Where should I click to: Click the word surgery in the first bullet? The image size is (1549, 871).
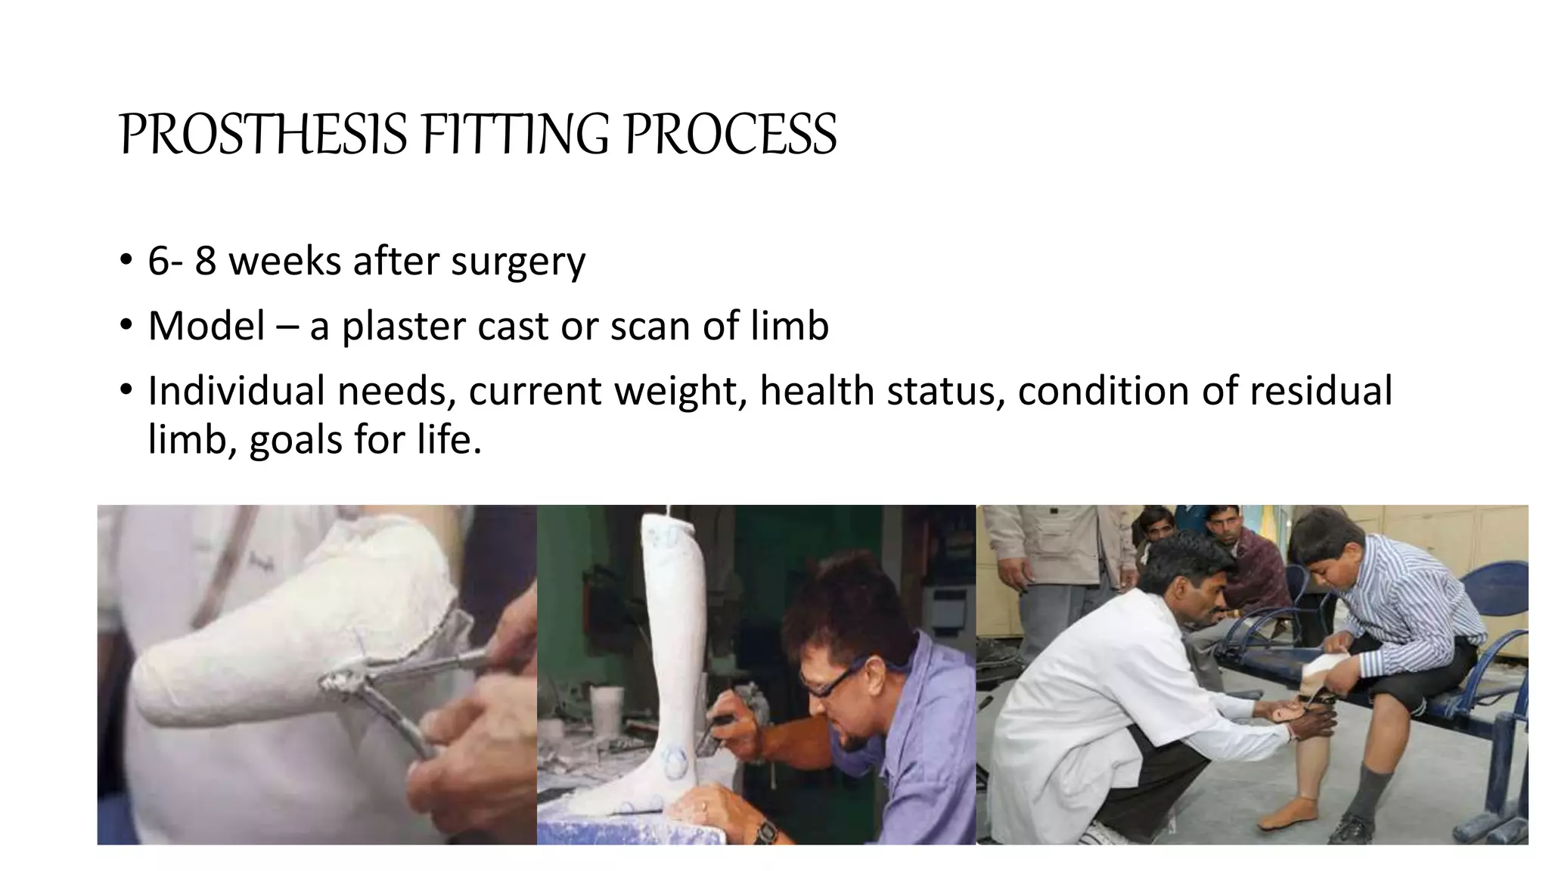(x=518, y=262)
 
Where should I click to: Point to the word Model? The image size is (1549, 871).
(x=206, y=327)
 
